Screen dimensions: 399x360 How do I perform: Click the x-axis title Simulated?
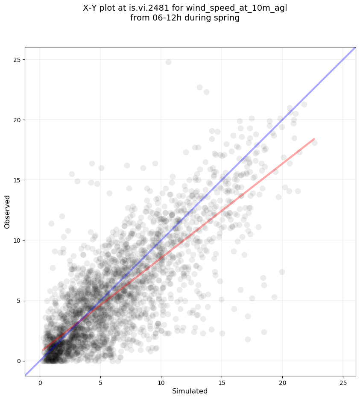190,391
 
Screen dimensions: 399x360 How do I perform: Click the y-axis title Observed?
7,211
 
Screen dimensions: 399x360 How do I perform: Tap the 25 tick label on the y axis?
16,60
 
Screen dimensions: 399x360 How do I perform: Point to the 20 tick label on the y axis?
16,120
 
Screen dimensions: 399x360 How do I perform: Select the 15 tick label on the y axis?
16,180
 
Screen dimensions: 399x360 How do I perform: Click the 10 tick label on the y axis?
16,241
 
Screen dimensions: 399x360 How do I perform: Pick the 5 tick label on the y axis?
18,301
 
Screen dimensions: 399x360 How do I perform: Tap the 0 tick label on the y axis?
18,361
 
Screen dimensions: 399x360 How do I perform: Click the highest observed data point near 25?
168,62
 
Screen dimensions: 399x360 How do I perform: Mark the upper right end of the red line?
314,139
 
